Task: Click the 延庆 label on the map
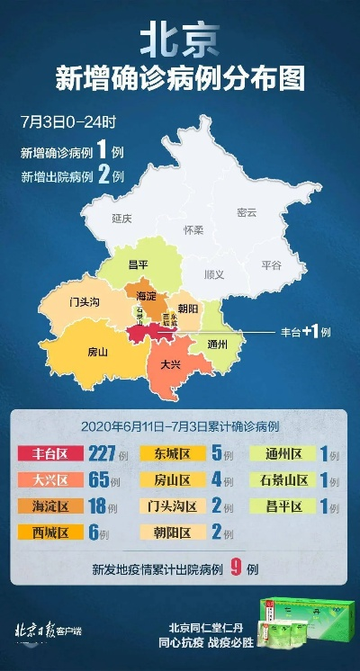click(121, 219)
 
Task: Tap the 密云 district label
click(246, 212)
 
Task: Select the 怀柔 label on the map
click(193, 229)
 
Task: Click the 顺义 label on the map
click(214, 274)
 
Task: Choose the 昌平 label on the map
click(138, 264)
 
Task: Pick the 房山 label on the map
click(97, 352)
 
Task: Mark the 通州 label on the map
click(217, 344)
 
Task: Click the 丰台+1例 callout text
click(306, 332)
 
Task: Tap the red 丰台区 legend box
click(49, 454)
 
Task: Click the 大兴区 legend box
click(49, 480)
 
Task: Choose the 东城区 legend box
click(171, 454)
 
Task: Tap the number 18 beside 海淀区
click(101, 506)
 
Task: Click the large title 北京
click(180, 40)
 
